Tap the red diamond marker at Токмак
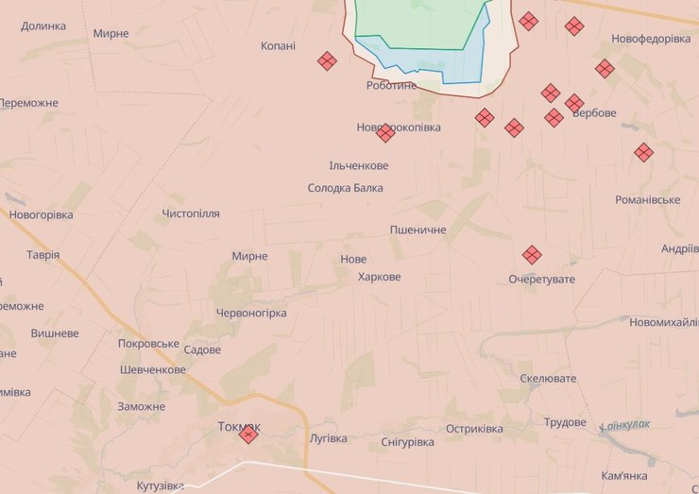248,434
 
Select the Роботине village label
391,85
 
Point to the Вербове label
594,112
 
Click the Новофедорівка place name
651,39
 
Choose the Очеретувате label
541,279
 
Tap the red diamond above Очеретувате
532,255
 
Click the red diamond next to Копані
327,61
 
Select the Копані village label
278,45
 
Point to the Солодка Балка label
346,188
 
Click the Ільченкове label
359,165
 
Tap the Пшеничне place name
418,230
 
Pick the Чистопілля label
191,213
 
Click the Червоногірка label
251,313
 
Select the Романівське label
647,199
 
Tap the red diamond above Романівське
643,152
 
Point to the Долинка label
43,26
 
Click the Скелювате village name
548,378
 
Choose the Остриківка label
474,429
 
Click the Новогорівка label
41,214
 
